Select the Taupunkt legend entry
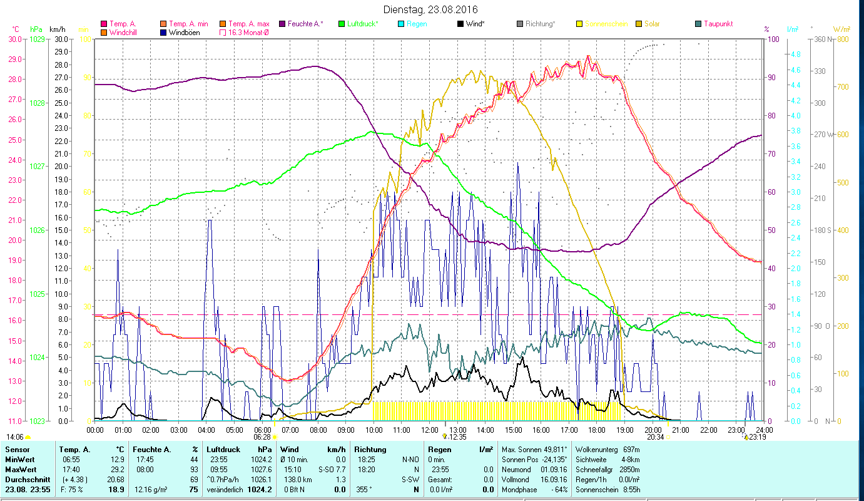(x=718, y=24)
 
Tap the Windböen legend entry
(x=184, y=33)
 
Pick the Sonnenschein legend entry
(x=605, y=24)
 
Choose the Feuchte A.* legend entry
(x=305, y=24)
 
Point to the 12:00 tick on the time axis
(x=430, y=430)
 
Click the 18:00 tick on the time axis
(x=597, y=430)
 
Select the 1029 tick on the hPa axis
(x=37, y=39)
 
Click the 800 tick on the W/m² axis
(x=841, y=39)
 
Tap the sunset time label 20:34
(x=654, y=436)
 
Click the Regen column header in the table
(x=439, y=449)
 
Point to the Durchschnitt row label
(x=26, y=479)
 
